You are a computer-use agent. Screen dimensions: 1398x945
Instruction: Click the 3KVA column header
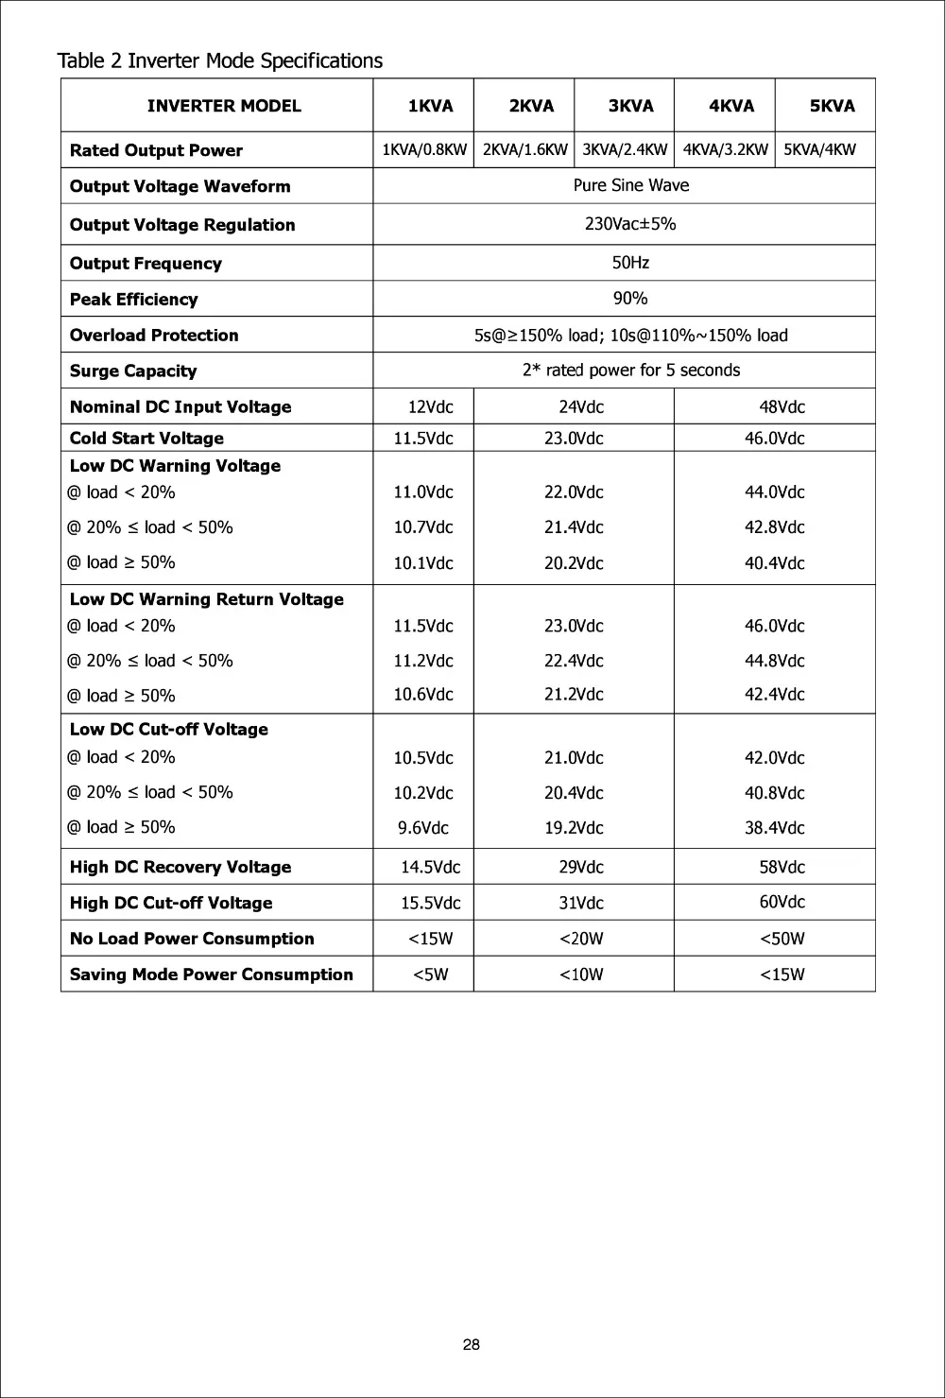(630, 106)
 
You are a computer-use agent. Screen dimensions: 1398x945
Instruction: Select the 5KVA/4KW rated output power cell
(819, 149)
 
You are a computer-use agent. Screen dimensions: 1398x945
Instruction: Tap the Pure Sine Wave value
(630, 185)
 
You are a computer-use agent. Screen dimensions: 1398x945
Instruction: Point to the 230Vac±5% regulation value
(630, 224)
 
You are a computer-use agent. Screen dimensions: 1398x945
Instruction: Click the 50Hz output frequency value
(630, 262)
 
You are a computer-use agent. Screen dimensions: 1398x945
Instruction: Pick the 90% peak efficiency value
(630, 299)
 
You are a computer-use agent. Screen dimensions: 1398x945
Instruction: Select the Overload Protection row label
(154, 336)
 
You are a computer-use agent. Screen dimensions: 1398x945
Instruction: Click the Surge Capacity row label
(133, 371)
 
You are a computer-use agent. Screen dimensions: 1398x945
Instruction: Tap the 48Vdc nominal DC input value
(782, 407)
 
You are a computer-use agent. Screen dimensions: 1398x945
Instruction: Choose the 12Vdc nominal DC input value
(430, 407)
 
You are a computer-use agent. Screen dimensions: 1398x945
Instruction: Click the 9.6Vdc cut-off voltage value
(422, 828)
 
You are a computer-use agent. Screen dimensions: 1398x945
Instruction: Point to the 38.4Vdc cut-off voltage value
(774, 828)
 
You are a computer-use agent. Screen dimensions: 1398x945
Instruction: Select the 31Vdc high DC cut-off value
(580, 903)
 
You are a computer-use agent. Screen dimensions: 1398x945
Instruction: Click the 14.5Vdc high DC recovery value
(430, 867)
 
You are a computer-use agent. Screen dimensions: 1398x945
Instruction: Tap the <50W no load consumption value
(782, 939)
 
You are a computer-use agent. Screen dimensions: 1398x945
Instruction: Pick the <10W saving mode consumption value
(580, 975)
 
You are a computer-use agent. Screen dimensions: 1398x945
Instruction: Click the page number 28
(472, 1345)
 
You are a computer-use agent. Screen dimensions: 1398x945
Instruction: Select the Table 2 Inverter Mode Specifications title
(220, 61)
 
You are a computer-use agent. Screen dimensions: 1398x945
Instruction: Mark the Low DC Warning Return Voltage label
(206, 599)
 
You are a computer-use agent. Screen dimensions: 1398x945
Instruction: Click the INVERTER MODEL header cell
(224, 106)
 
